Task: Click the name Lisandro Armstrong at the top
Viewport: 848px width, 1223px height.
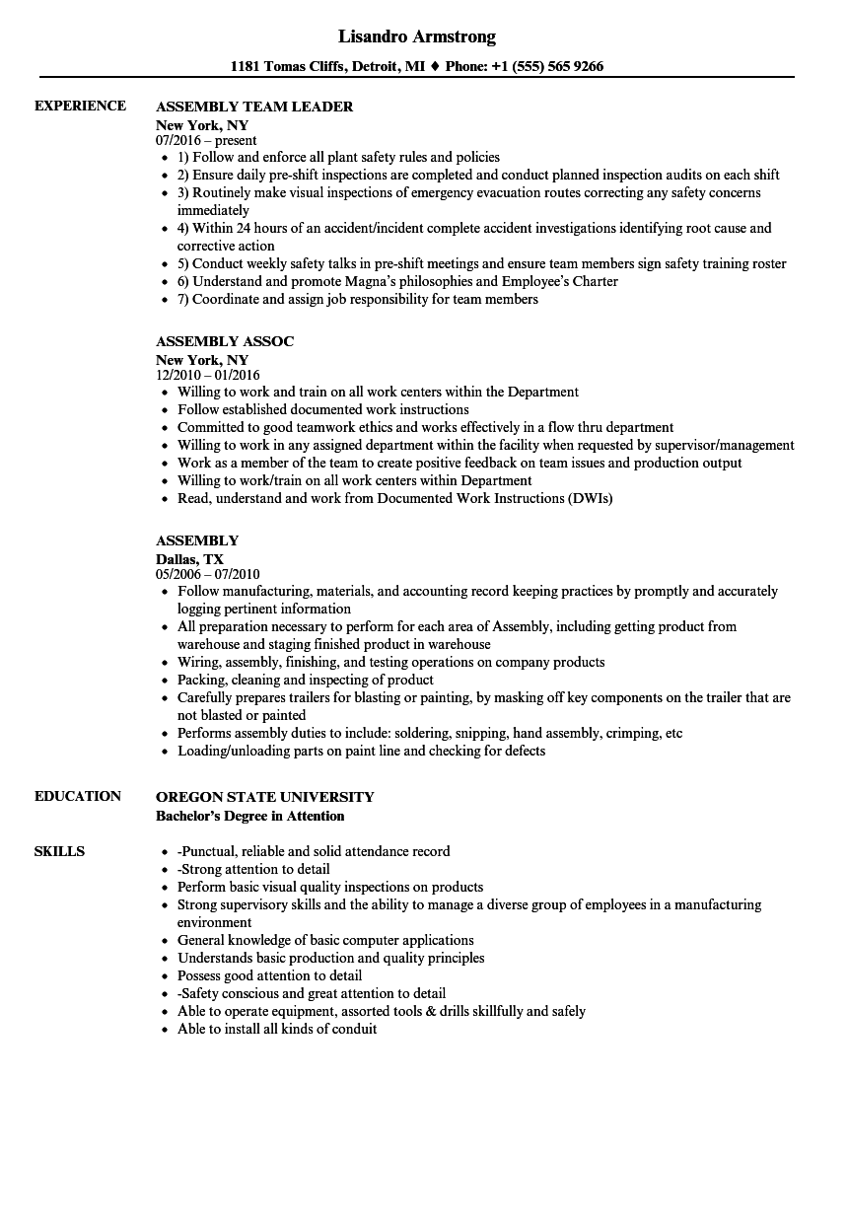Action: [x=417, y=36]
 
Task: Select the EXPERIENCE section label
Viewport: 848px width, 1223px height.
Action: [x=80, y=106]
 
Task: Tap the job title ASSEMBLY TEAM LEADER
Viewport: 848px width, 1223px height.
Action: [x=254, y=107]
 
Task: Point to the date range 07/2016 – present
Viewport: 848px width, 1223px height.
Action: [x=206, y=140]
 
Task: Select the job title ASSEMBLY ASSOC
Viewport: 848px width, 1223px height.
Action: [x=225, y=341]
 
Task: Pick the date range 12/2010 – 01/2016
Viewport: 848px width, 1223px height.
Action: [x=208, y=375]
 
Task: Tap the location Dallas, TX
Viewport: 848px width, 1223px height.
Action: [x=189, y=559]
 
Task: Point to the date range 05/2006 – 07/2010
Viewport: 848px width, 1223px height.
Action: [x=208, y=574]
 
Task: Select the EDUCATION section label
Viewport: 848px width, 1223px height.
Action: [x=78, y=796]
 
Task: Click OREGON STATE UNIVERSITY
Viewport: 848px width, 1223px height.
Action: [x=265, y=797]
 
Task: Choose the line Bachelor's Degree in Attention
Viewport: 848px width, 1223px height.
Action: [x=250, y=816]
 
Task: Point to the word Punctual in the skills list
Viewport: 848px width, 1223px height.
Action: [x=213, y=851]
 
